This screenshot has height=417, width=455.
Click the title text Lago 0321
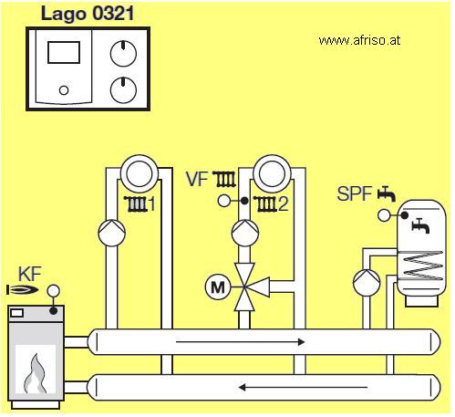(88, 15)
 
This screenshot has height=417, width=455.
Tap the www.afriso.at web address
(359, 40)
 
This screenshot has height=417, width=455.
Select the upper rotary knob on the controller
(123, 53)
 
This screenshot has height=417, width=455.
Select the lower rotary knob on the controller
(123, 90)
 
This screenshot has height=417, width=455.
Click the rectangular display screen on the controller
(64, 52)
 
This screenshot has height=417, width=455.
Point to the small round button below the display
(64, 90)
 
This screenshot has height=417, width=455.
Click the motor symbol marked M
(218, 287)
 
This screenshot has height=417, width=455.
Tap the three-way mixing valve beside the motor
(248, 287)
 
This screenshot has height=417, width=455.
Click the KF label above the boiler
(29, 274)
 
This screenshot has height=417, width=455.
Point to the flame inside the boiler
(36, 373)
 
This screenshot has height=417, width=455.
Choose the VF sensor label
(197, 179)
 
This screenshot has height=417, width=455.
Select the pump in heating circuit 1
(112, 233)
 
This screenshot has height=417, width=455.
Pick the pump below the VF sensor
(245, 233)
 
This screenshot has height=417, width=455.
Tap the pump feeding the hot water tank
(367, 282)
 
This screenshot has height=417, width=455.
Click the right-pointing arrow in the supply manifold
(240, 342)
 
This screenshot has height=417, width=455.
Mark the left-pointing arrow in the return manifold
(303, 387)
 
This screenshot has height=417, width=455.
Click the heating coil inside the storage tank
(420, 266)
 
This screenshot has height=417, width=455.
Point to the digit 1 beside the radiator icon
(151, 204)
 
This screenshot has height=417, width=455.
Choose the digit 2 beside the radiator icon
(283, 204)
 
